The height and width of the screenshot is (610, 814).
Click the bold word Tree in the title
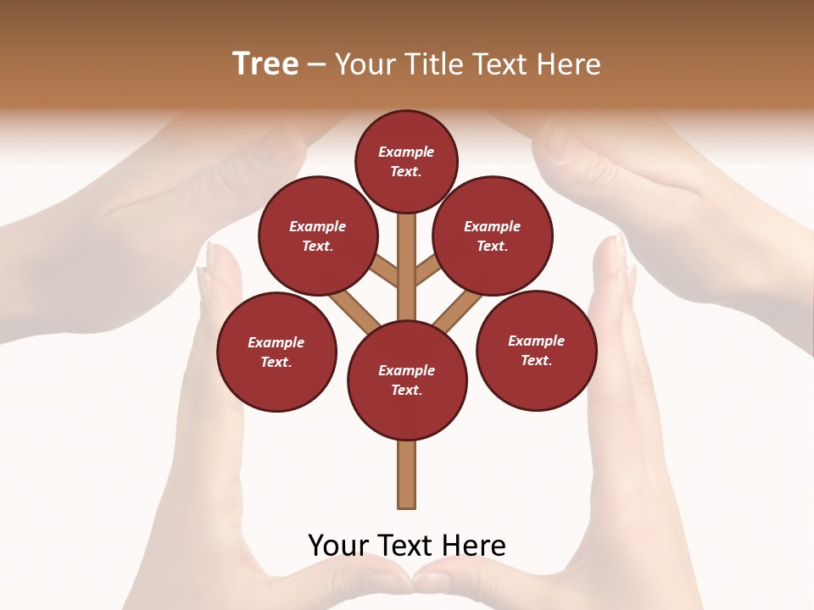coord(265,64)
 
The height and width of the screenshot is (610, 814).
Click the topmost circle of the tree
coord(406,161)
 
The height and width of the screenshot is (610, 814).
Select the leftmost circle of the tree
coord(276,352)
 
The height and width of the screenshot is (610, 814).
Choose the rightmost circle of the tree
coord(536,351)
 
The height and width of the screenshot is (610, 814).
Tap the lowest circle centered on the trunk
coord(407,380)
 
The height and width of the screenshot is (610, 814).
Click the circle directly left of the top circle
coord(318,236)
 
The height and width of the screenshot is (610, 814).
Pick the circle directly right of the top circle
coord(492,236)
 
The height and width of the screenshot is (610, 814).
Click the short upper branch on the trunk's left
coord(385,273)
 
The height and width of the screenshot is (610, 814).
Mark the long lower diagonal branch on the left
coord(355,312)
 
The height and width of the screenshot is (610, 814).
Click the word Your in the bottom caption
coord(338,545)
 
